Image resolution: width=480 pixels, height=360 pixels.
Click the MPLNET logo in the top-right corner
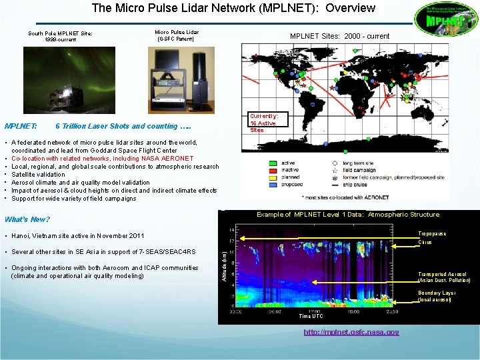pos(445,20)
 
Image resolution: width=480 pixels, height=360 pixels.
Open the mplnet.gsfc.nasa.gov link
pos(351,332)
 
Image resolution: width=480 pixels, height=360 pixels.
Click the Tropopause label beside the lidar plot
pos(432,234)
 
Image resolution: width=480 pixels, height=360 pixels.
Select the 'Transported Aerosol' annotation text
pos(442,274)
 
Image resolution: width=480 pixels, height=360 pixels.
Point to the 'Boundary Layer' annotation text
pos(437,293)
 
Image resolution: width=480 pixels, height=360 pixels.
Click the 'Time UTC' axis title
pos(311,317)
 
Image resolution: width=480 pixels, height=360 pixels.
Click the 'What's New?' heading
pos(27,219)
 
